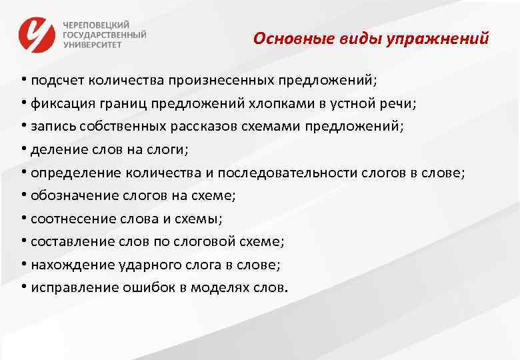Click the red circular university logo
(x=37, y=34)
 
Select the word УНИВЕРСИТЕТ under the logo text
(x=93, y=45)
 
